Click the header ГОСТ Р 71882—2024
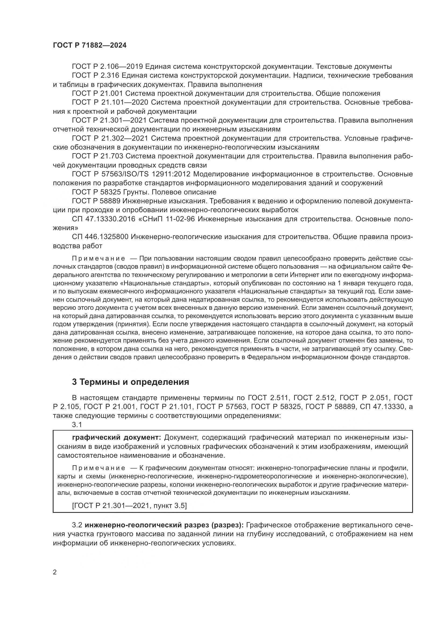click(x=90, y=45)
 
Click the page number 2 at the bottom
click(x=55, y=572)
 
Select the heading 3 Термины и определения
click(x=130, y=382)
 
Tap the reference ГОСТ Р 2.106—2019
click(x=107, y=67)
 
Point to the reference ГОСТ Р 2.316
click(x=96, y=75)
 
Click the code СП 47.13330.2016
click(x=104, y=219)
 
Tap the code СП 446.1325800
click(x=100, y=237)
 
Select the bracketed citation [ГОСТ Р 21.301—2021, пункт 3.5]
click(x=129, y=506)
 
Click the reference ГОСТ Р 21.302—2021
click(x=110, y=138)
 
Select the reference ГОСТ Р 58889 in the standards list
click(x=96, y=201)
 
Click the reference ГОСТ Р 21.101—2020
click(x=110, y=102)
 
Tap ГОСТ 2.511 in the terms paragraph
click(x=268, y=398)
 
